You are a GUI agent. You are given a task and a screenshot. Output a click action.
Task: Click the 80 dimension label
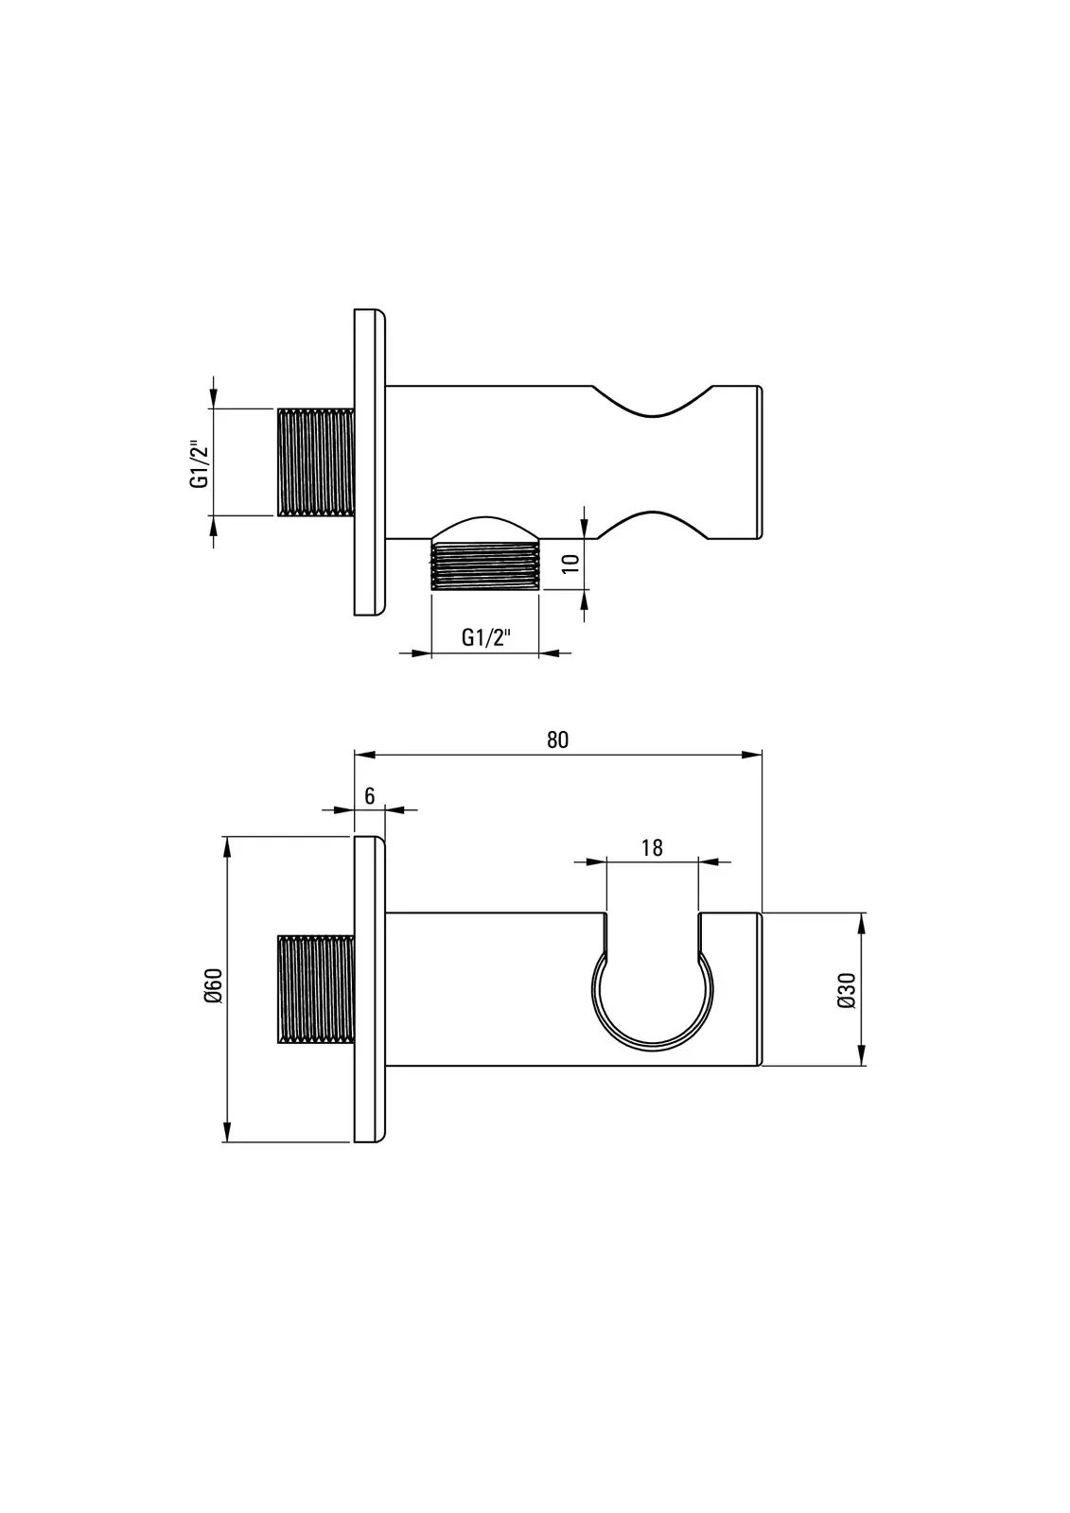(x=557, y=740)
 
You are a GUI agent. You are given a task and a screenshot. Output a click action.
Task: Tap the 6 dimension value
(x=370, y=796)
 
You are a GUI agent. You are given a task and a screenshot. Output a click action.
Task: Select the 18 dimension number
(x=652, y=847)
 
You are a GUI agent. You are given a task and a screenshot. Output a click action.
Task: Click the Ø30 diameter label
(x=847, y=990)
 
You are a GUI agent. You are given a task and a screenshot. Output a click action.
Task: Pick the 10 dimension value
(x=571, y=563)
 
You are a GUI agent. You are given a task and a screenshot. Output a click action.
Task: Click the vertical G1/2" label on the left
(x=199, y=463)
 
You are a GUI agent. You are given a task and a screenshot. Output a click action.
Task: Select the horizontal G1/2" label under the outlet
(x=485, y=637)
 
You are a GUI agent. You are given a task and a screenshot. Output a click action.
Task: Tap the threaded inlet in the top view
(x=316, y=462)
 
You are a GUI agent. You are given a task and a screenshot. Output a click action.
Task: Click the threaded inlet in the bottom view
(x=316, y=989)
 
